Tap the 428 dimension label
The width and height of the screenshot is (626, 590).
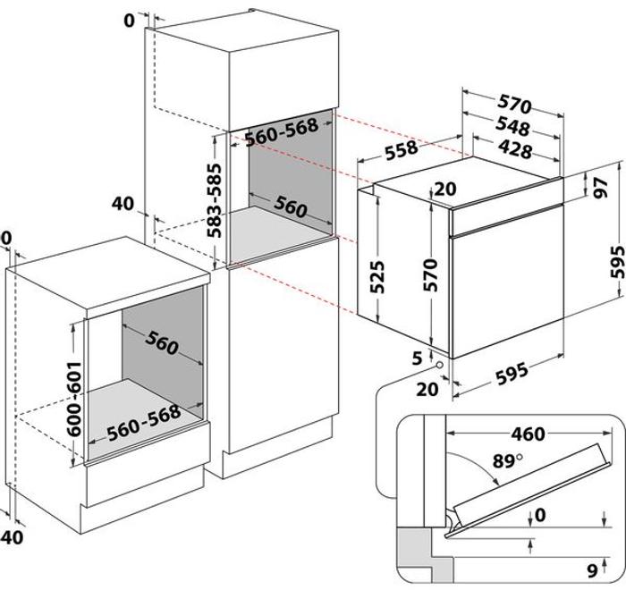514,150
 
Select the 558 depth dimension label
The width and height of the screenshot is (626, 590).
402,150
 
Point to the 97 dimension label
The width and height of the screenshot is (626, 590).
599,188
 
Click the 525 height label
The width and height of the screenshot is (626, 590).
377,276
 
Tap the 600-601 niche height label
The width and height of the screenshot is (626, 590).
74,400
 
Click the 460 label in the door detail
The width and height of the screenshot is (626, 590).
528,434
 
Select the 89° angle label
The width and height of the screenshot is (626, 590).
507,461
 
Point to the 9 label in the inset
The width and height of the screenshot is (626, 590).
592,571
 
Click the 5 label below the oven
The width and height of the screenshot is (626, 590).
418,358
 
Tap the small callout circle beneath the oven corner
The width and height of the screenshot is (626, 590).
440,365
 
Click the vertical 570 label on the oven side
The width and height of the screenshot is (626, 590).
431,275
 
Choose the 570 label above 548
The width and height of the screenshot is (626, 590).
514,105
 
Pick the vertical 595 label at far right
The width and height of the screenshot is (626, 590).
618,262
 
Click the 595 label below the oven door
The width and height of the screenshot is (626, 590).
512,374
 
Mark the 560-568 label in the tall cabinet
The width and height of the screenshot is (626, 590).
282,132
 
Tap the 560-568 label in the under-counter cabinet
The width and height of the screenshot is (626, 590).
144,423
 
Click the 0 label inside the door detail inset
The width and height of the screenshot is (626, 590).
540,515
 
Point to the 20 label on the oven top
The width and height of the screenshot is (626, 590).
445,189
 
